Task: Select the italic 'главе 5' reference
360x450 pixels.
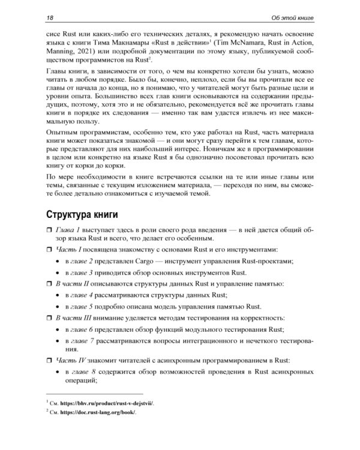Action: pos(91,306)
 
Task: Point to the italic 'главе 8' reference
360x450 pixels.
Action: pos(91,372)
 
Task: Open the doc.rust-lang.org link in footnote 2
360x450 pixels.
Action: pos(101,413)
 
